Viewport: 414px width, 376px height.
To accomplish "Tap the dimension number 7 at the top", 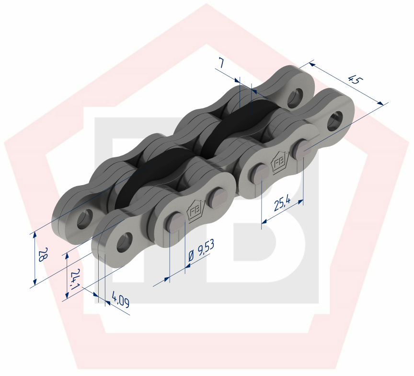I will (x=221, y=62).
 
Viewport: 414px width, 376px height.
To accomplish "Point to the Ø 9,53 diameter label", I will (x=201, y=250).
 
